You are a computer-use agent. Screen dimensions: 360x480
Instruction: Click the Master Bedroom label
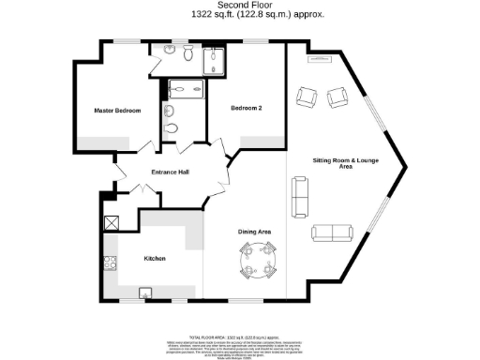[118, 111]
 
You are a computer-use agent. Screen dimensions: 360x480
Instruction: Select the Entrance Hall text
[171, 173]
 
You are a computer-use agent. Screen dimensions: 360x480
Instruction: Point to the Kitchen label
[155, 258]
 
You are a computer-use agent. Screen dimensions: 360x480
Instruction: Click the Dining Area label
[253, 231]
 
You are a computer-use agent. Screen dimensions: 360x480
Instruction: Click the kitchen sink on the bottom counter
[145, 293]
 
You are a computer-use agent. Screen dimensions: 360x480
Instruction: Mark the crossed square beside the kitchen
[111, 223]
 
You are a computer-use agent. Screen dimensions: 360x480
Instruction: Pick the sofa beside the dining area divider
[300, 197]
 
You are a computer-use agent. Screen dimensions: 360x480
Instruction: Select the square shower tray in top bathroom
[216, 61]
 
